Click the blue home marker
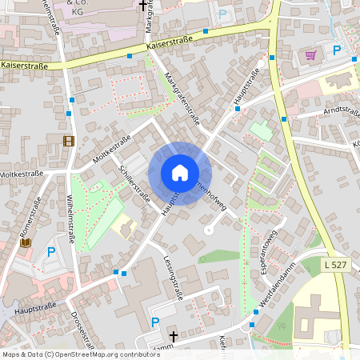pos(180,173)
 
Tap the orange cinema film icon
pos(69,141)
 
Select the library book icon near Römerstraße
pos(26,242)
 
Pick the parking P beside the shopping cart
pos(337,50)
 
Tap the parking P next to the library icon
pos(52,252)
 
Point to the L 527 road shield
pos(338,264)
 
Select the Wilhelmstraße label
pos(71,216)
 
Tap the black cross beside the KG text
pos(143,6)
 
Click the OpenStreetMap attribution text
pos(80,354)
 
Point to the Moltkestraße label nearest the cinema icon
pos(111,150)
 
